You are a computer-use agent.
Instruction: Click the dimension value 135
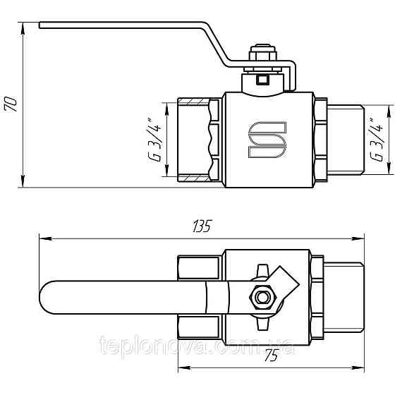(x=201, y=227)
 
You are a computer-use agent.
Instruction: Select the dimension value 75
(x=270, y=357)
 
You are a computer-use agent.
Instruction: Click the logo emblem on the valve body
(x=267, y=139)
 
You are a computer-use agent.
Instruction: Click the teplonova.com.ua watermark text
(x=197, y=346)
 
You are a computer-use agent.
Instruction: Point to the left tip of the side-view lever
(x=42, y=27)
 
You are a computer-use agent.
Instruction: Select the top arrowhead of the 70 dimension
(x=23, y=28)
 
